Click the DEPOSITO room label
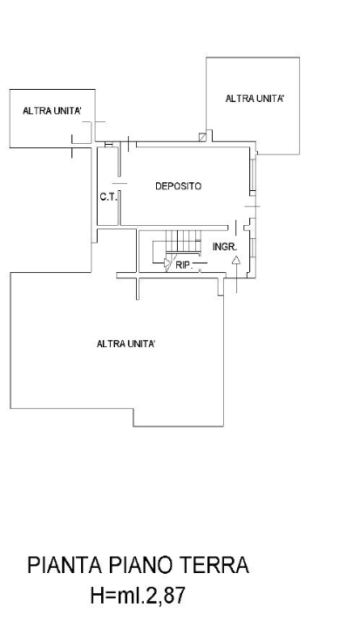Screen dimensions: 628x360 coord(179,186)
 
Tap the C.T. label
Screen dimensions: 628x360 coord(107,196)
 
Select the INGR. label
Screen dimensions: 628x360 coord(225,247)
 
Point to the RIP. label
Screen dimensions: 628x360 coord(183,263)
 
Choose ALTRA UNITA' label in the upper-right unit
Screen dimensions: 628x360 coord(255,99)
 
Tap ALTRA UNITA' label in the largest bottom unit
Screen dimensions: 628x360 coord(126,344)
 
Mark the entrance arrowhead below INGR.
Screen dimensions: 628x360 coord(236,260)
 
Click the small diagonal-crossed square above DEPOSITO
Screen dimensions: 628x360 coord(203,137)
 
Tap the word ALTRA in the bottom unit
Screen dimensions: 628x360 coord(110,344)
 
